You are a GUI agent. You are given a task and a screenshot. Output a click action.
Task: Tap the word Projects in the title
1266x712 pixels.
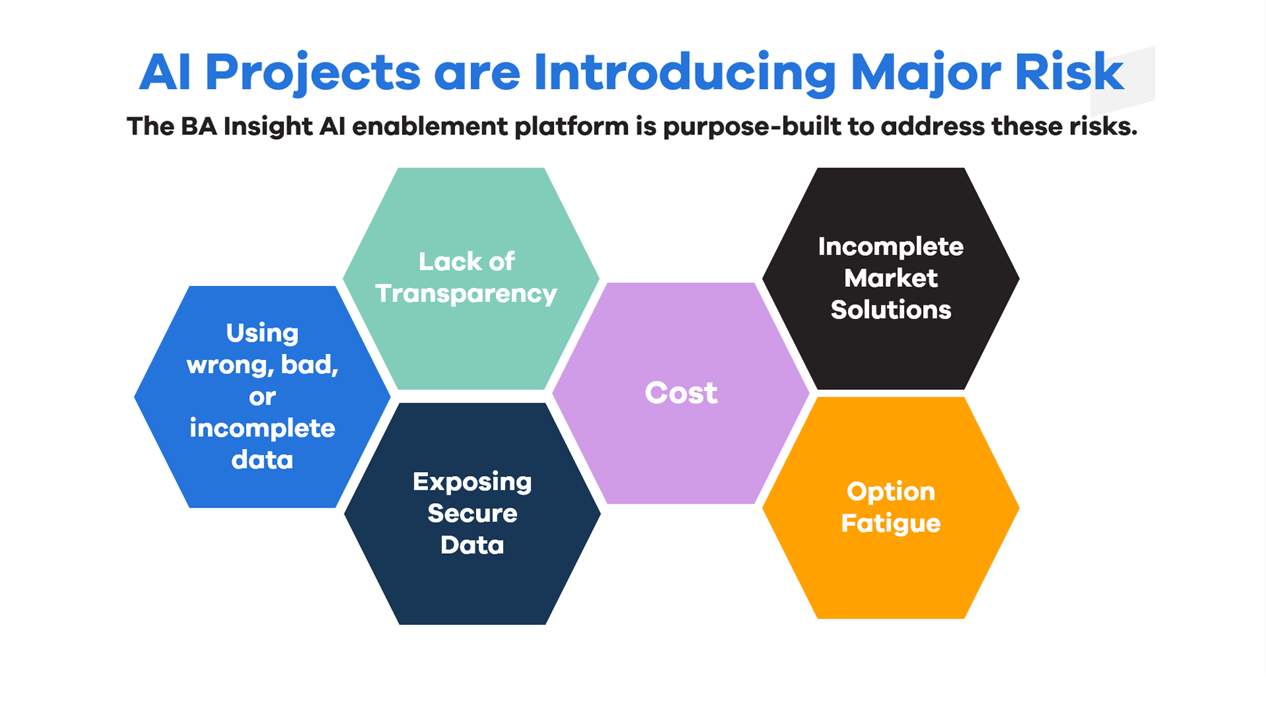click(313, 73)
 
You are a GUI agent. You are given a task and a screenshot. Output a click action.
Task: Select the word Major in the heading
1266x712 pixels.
click(924, 73)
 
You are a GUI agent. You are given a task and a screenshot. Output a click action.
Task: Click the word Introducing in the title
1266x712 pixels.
click(684, 73)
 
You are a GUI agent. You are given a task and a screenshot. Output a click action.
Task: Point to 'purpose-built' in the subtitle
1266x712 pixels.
click(751, 127)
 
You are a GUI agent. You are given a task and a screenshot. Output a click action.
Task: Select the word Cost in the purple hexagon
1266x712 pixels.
click(680, 393)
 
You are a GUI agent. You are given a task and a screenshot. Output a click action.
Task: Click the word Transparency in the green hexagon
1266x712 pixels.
click(466, 293)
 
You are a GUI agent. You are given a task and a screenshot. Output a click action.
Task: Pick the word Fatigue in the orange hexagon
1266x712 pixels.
click(890, 523)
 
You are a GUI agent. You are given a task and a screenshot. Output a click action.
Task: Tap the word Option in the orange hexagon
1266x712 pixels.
click(890, 492)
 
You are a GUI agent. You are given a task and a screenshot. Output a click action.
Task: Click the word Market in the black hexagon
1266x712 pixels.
click(890, 278)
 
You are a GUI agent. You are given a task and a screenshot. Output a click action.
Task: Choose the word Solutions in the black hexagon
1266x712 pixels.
click(890, 310)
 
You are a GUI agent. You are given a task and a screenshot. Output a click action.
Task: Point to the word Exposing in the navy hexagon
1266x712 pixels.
click(472, 482)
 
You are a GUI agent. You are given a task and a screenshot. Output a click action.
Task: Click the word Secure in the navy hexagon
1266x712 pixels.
click(472, 513)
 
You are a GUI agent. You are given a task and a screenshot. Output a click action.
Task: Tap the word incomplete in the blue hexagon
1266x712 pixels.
click(262, 429)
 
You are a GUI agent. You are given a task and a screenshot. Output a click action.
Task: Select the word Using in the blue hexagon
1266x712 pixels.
click(262, 333)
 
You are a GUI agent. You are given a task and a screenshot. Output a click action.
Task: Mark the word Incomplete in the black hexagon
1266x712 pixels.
click(890, 247)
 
